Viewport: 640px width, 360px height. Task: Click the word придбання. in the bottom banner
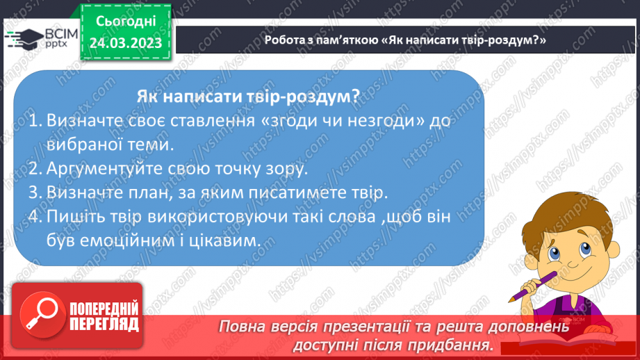pyautogui.click(x=456, y=345)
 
